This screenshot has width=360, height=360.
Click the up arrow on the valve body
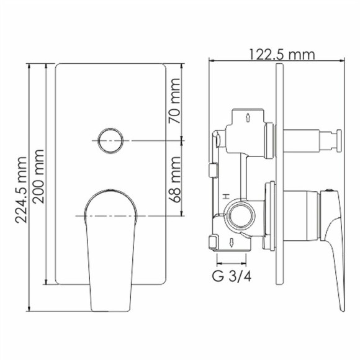(248, 117)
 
